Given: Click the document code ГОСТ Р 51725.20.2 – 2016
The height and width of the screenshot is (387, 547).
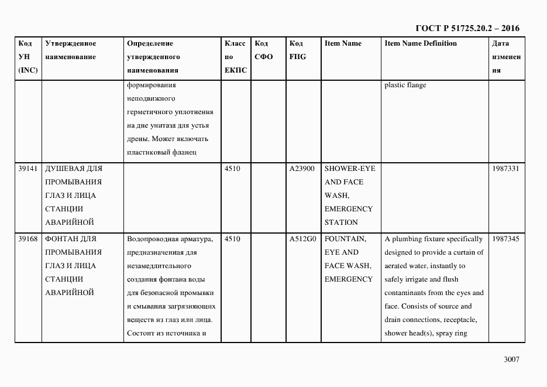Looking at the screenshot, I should coord(467,28).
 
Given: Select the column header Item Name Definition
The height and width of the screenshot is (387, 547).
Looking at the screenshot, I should coord(421,43).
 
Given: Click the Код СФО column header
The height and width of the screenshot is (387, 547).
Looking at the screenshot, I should coord(264,50).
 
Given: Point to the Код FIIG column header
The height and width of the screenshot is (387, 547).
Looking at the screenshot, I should coord(297,50).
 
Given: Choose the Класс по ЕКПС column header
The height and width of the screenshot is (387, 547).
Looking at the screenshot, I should coord(235,57).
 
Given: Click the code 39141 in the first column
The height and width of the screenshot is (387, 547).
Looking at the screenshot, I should coord(28,169).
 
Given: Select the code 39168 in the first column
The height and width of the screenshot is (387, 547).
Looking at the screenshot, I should coord(28,239).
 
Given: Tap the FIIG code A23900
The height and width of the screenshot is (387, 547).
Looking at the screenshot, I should coord(302,169).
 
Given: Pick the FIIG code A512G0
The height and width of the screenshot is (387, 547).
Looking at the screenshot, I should coord(302,239).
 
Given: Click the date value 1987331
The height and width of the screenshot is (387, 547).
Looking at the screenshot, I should coord(505,169).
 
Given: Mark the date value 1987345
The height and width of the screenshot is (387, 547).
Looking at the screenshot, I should coord(505,239).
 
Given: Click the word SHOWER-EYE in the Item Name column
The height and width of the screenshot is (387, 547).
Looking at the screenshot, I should coord(350,169).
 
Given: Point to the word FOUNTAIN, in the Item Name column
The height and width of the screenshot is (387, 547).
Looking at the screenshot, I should coord(345,239).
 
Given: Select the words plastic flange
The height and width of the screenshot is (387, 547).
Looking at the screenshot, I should coord(405,85).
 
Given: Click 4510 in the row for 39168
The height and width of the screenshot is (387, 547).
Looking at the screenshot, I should coord(232,239).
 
